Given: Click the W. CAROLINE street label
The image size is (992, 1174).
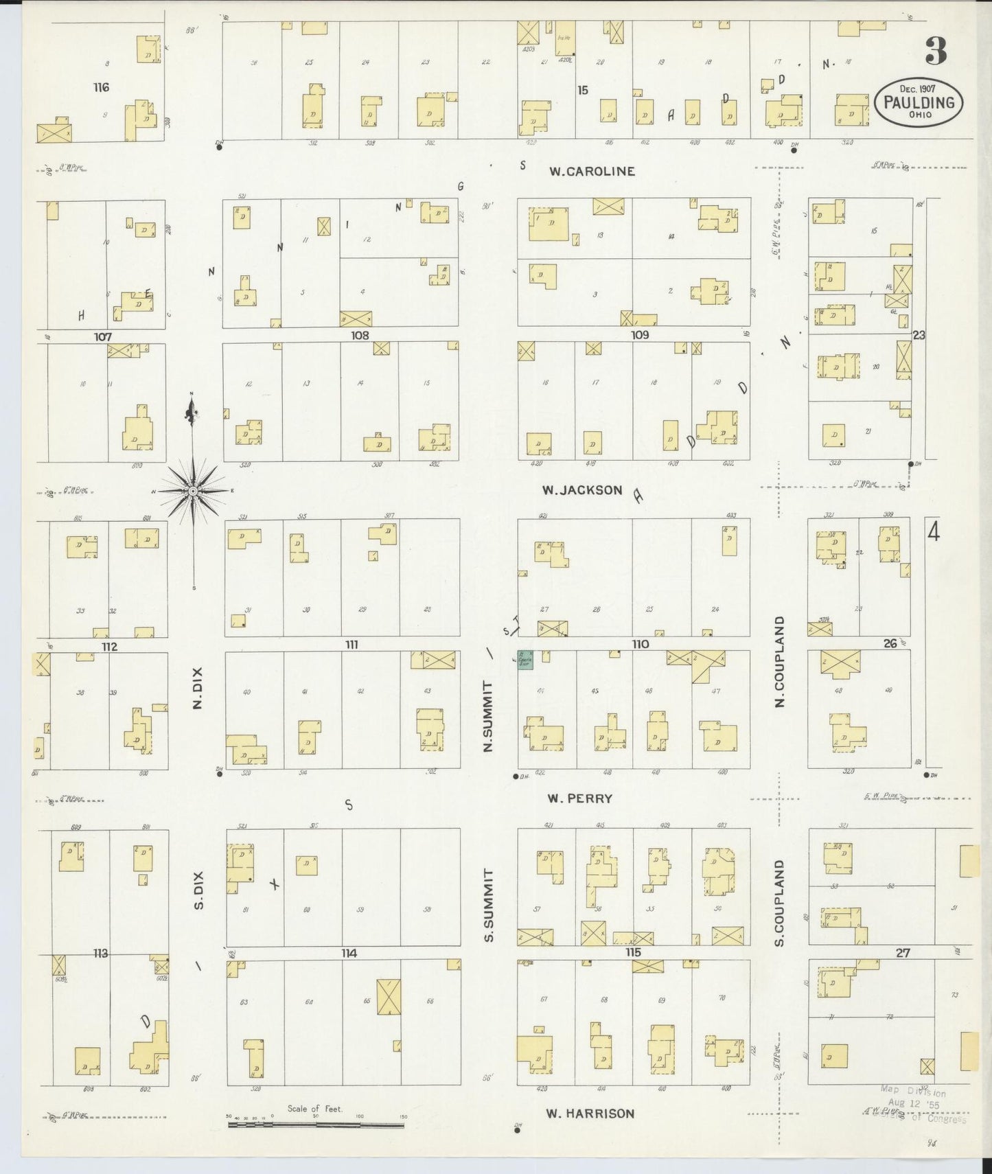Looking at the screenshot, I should tap(591, 171).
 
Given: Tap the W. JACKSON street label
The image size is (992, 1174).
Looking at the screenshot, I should tap(581, 490).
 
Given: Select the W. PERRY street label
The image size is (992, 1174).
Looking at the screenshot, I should tap(579, 798).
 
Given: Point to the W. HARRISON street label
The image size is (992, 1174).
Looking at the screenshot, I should tap(590, 1114).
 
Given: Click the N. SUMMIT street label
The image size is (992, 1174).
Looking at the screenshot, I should tap(489, 716).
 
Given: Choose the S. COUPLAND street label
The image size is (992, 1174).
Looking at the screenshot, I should tap(780, 902).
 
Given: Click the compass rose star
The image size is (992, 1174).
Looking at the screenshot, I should tap(193, 492).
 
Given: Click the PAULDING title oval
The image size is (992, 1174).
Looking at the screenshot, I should tap(919, 103).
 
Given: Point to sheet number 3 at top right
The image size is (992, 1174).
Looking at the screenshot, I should tap(936, 50).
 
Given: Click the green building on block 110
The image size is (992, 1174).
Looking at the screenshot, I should tap(526, 657).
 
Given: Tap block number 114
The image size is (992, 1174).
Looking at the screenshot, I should tap(349, 953).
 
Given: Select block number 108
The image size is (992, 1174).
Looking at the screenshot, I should tap(359, 335).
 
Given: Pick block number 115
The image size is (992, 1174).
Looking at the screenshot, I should tap(632, 952).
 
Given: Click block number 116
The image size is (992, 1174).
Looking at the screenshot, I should tap(102, 87).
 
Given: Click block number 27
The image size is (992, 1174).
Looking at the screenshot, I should tap(902, 952).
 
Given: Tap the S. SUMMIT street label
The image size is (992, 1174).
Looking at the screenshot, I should tap(489, 904).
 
